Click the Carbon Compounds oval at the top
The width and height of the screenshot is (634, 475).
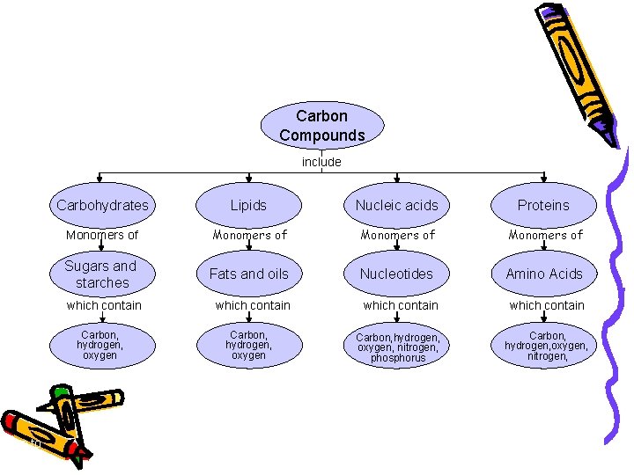[x=322, y=126]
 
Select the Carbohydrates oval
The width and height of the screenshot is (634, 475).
[x=102, y=205]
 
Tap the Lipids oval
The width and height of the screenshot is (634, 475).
[x=248, y=205]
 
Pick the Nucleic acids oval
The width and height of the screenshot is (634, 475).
[x=396, y=205]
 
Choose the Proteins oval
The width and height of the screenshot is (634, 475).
[x=543, y=205]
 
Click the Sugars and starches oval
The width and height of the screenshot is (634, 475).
[x=102, y=274]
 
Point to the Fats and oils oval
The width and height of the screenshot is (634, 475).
[x=248, y=274]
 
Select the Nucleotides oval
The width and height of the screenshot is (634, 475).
[x=396, y=274]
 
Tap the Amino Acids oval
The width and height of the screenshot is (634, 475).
[x=543, y=274]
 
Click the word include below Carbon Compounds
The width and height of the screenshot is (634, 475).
[x=321, y=162]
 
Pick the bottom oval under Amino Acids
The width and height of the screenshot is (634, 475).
[x=546, y=347]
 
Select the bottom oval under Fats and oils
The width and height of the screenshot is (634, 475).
[x=248, y=345]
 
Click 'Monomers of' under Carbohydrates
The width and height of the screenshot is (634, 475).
[x=102, y=235]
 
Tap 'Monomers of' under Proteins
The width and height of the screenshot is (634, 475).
[x=546, y=235]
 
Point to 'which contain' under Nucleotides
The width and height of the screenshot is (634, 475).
[x=400, y=305]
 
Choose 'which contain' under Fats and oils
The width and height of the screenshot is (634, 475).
[x=252, y=305]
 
